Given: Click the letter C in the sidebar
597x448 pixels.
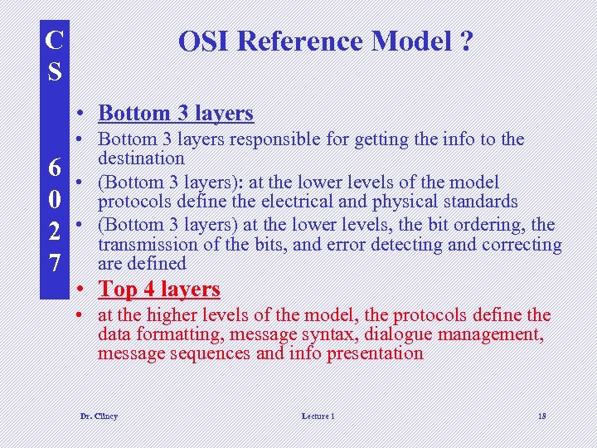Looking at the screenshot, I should coord(54,40).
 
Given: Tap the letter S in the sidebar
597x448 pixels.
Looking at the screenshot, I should coord(54,71).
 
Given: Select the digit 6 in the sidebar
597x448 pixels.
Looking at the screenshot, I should coord(54,168).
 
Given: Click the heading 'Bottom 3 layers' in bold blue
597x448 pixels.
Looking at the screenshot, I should coord(175,113).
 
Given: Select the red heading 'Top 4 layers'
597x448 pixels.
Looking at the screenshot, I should coord(158,289).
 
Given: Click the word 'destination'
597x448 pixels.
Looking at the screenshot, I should coord(141,158).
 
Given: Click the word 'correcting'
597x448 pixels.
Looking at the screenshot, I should coord(522,245).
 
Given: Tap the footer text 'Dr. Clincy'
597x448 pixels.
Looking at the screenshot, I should coord(99,416).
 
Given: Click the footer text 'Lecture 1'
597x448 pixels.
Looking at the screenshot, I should coord(318,416).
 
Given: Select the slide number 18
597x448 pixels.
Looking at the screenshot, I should coord(541,416).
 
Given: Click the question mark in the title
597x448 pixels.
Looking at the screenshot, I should coord(465,41).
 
